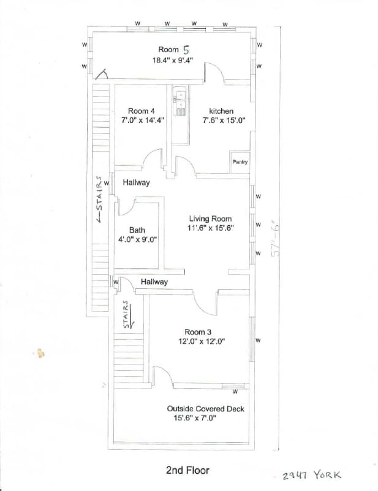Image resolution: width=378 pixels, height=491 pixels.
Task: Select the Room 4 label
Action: coord(142,111)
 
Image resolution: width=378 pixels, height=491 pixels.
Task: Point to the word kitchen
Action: coord(221,111)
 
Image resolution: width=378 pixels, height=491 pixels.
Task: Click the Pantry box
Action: coord(240,162)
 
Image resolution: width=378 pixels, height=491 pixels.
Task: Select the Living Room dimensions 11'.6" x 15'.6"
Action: coord(211,228)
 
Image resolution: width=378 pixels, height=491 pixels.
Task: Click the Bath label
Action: coord(137,231)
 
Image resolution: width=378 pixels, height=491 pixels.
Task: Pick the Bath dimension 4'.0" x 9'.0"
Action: coord(137,240)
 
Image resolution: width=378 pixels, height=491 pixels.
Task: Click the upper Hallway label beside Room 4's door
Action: coord(136,183)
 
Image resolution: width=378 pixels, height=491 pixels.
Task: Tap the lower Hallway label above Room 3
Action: coord(154,282)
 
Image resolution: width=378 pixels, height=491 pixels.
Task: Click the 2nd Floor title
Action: coord(187,471)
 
